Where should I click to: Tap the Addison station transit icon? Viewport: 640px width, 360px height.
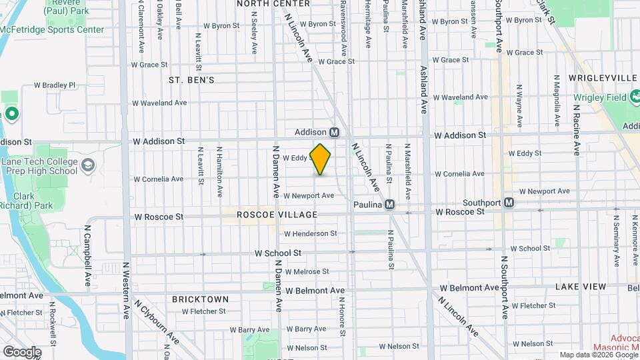335,132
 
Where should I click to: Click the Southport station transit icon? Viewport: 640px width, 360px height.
509,202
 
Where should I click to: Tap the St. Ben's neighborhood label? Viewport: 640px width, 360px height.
191,80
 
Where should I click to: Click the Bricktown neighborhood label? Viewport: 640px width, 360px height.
201,299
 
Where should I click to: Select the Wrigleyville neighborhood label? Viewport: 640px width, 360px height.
603,78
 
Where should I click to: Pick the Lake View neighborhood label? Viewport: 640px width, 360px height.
581,287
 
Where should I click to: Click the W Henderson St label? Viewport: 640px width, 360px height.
310,234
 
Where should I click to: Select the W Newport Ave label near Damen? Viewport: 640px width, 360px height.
308,196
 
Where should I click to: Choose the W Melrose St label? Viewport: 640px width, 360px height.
307,272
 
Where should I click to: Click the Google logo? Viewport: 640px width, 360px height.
22,352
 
